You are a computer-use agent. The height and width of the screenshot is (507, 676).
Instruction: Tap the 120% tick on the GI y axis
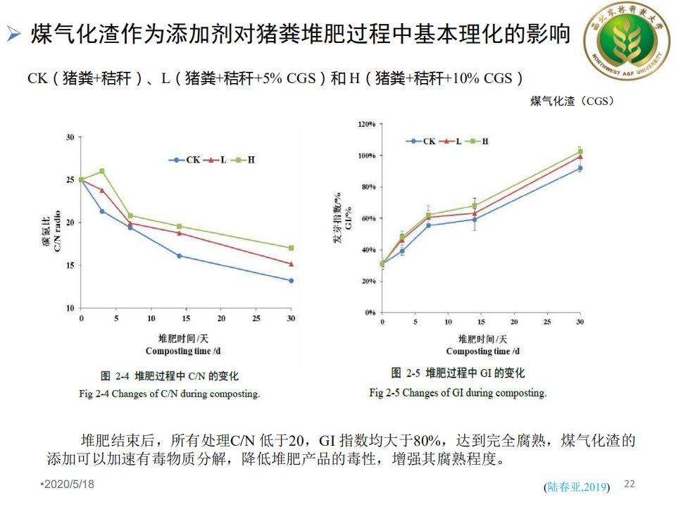(x=367, y=124)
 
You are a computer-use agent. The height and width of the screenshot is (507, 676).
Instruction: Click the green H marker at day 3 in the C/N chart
(x=102, y=171)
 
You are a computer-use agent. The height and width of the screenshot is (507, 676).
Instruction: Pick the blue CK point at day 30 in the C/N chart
(x=291, y=280)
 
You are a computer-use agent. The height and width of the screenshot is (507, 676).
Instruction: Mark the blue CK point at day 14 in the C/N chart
(x=179, y=256)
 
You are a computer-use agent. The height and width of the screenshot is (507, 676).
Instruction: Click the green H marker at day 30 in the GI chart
(x=580, y=151)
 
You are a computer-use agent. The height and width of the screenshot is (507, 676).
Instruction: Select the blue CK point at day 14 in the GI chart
(x=475, y=219)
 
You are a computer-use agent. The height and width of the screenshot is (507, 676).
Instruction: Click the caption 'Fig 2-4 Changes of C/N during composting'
(x=170, y=394)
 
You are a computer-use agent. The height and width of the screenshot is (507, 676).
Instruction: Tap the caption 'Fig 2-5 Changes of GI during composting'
(x=458, y=392)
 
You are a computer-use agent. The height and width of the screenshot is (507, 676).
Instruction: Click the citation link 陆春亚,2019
(x=577, y=487)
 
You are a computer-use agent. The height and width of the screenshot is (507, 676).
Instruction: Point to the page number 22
(x=630, y=484)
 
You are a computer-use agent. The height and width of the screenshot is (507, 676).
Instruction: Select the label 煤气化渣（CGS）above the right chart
(x=572, y=101)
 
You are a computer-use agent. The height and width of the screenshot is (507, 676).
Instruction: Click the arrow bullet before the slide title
(x=13, y=33)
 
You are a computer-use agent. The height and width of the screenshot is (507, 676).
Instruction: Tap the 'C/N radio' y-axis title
(x=57, y=232)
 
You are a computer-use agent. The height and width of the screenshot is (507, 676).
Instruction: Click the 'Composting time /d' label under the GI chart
(x=482, y=351)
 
